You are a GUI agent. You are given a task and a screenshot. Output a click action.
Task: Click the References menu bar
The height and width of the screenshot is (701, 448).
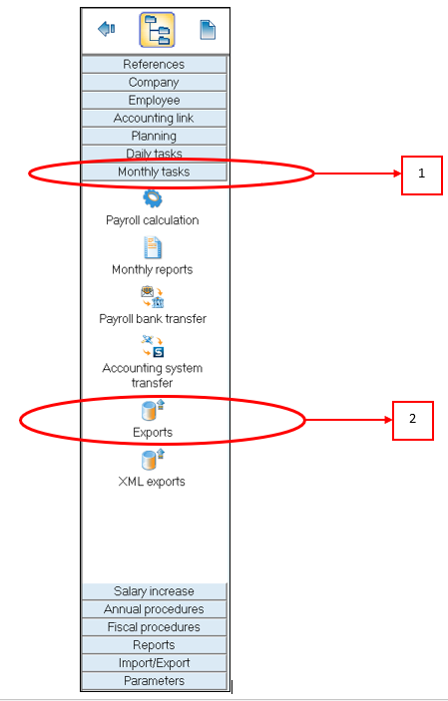coord(154,65)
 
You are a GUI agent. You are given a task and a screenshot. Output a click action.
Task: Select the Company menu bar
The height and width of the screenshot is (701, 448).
coord(154,82)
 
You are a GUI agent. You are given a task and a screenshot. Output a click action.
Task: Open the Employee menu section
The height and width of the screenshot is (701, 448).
coord(154,100)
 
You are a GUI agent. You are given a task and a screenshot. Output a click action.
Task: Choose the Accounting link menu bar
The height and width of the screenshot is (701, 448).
coord(154,118)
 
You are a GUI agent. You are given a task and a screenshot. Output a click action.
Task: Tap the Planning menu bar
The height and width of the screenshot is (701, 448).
coord(154,136)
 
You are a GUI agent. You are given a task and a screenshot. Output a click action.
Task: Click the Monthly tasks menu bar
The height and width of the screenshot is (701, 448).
coord(154,172)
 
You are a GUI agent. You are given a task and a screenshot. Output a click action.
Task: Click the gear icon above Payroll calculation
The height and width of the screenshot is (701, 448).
coord(153,198)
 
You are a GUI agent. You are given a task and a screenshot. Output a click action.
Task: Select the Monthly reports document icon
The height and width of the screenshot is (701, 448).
coord(153,247)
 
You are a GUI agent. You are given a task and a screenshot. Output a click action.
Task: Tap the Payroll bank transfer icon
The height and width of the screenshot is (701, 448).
coord(153,297)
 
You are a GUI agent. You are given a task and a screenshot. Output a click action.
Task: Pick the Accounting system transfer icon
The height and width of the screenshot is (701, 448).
coord(153,346)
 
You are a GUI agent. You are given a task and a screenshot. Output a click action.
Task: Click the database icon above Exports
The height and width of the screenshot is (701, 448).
coord(154,411)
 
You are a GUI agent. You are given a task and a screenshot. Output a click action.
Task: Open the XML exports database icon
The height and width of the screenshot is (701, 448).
coord(154,460)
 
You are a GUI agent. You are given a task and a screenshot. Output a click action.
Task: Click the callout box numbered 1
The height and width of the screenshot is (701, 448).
coord(422,175)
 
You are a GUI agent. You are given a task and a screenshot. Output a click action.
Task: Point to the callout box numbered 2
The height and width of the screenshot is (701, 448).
coord(413,420)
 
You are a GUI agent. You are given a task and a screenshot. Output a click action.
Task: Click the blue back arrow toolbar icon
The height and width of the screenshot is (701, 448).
coord(107,30)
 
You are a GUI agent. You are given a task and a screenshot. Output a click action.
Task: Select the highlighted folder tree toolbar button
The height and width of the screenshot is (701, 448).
coord(157,30)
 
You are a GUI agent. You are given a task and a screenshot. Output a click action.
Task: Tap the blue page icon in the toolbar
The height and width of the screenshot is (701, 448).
coord(208,30)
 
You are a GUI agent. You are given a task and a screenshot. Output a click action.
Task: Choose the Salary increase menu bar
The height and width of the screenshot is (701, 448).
coord(154,591)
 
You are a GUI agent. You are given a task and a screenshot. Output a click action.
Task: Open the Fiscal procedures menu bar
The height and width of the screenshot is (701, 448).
coord(154,627)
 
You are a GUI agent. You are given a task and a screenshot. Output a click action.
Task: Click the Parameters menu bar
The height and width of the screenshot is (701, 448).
coord(154,680)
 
